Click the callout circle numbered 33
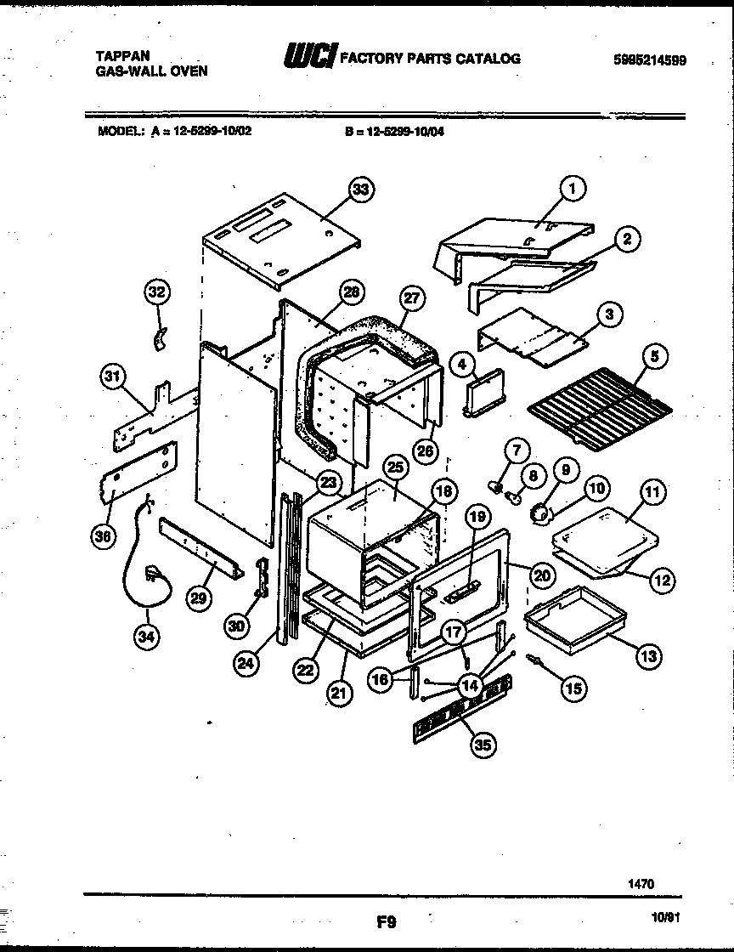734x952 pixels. pyautogui.click(x=361, y=190)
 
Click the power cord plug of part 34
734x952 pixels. pyautogui.click(x=154, y=573)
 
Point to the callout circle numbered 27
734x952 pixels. pyautogui.click(x=412, y=298)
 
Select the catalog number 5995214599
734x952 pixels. pyautogui.click(x=649, y=60)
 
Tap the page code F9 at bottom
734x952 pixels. pyautogui.click(x=386, y=920)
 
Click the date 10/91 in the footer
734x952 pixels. pyautogui.click(x=662, y=918)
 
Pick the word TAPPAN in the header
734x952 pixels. pyautogui.click(x=118, y=56)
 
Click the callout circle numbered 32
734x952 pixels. pyautogui.click(x=156, y=293)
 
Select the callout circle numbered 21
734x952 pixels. pyautogui.click(x=340, y=693)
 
